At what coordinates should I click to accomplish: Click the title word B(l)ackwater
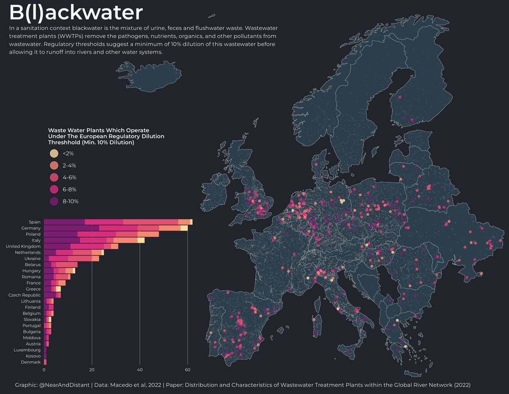pyautogui.click(x=76, y=13)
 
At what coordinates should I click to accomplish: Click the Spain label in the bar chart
pyautogui.click(x=35, y=222)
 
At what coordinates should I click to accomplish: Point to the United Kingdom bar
pyautogui.click(x=81, y=246)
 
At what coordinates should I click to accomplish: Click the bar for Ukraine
pyautogui.click(x=71, y=258)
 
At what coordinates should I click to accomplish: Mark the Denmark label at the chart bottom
pyautogui.click(x=31, y=362)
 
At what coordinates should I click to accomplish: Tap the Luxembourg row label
pyautogui.click(x=27, y=350)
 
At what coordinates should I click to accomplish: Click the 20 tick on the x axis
pyautogui.click(x=92, y=370)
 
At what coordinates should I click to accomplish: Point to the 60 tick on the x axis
pyautogui.click(x=187, y=370)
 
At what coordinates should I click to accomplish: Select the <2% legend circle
pyautogui.click(x=54, y=154)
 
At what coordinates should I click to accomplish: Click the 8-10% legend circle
pyautogui.click(x=54, y=201)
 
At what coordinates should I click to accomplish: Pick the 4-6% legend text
pyautogui.click(x=69, y=177)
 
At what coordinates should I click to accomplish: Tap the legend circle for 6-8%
pyautogui.click(x=54, y=189)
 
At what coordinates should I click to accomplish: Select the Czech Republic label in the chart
pyautogui.click(x=25, y=295)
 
